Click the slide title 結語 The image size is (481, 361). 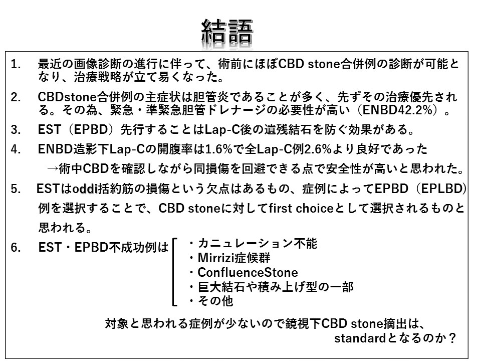tap(227, 32)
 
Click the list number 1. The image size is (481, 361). tap(16, 64)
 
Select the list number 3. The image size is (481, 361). tap(16, 129)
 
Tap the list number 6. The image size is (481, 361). tap(16, 247)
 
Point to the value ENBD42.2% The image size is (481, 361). tap(398, 110)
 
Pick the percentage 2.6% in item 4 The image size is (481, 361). tap(318, 149)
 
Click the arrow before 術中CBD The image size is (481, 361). tap(52, 168)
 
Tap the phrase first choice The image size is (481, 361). tap(301, 208)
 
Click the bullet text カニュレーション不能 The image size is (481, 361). tap(258, 244)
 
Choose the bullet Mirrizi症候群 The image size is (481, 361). tap(234, 258)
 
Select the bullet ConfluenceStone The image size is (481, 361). tap(248, 272)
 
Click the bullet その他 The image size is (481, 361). tap(215, 300)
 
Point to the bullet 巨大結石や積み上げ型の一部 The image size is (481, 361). tap(276, 287)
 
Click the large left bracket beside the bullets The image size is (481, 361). tap(174, 272)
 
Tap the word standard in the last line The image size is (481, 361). tap(360, 338)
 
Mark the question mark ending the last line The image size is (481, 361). tap(452, 338)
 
